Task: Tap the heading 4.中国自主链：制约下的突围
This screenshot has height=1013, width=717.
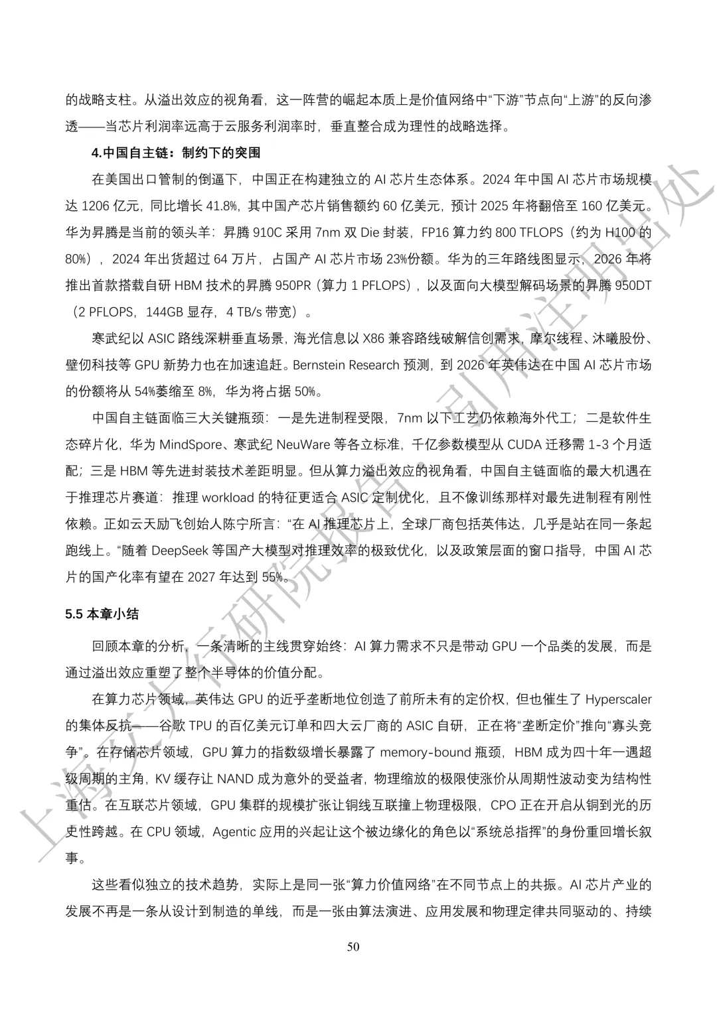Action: tap(176, 153)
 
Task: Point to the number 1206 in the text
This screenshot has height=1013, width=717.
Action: tap(95, 206)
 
